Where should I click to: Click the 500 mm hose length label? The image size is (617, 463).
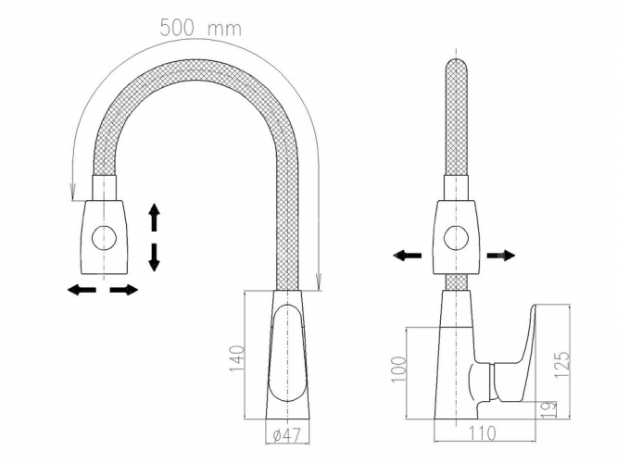[x=201, y=28]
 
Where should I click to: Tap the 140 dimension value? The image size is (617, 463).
[x=237, y=358]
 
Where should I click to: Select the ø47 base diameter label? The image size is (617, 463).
[x=286, y=434]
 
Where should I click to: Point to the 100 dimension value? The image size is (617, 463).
[x=398, y=369]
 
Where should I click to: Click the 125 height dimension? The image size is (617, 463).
[x=561, y=364]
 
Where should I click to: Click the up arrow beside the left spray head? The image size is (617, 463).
[x=154, y=217]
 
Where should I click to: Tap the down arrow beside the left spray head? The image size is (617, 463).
[x=154, y=257]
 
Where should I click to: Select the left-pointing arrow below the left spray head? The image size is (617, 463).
[x=82, y=290]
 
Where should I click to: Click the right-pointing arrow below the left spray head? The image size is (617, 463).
[x=124, y=290]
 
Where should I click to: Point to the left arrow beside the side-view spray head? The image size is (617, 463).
[x=408, y=256]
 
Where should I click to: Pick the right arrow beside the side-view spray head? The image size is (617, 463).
[x=501, y=256]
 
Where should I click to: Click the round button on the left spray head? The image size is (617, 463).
[x=104, y=238]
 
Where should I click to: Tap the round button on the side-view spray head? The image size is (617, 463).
[x=456, y=238]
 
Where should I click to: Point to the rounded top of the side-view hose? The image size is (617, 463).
[x=456, y=66]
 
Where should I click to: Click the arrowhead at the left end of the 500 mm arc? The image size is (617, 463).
[x=72, y=191]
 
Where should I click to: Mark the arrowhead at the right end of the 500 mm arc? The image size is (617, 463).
[x=319, y=282]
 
